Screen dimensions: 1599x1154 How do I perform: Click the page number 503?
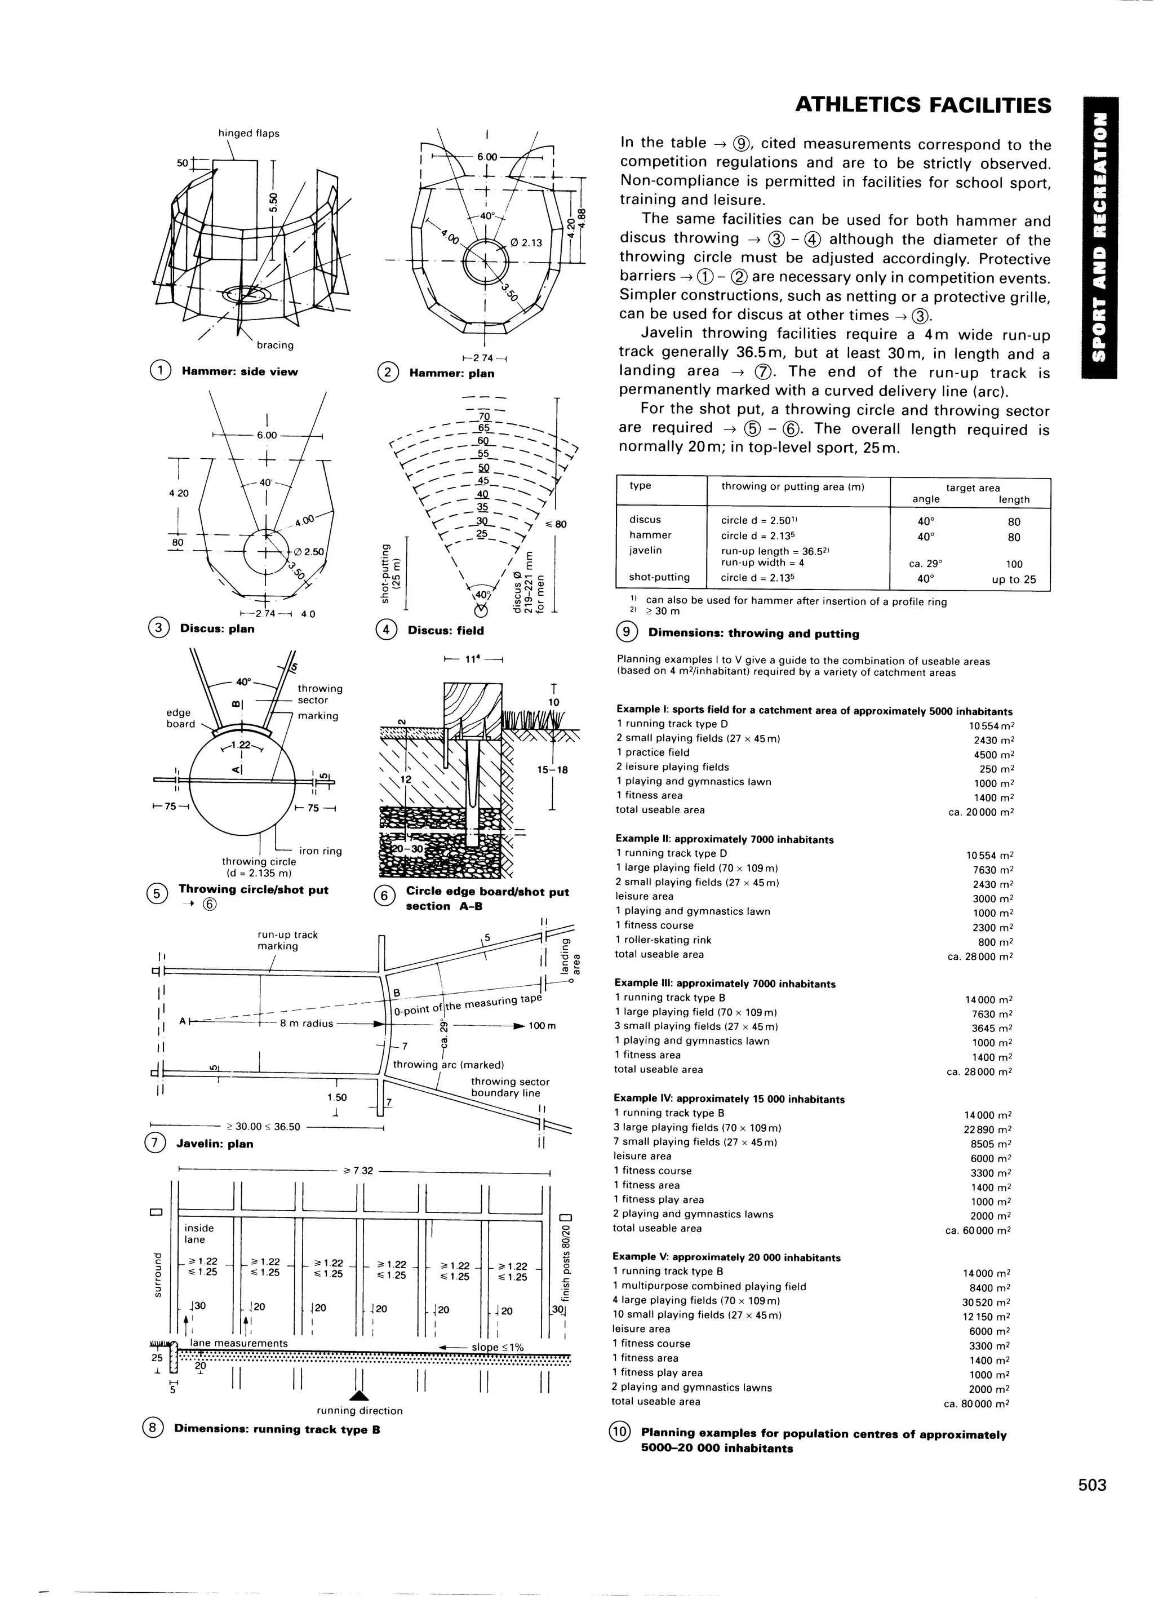(x=1092, y=1485)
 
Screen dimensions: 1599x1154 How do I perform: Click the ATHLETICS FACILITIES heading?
(x=923, y=105)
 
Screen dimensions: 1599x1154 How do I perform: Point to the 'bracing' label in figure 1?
(x=275, y=345)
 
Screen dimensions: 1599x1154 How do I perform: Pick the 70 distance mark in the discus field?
(x=483, y=417)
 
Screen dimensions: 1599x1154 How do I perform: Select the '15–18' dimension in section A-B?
(x=552, y=770)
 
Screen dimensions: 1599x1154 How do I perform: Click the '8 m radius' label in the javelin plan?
(x=307, y=1023)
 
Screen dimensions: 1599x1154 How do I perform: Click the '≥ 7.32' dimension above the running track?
(x=358, y=1170)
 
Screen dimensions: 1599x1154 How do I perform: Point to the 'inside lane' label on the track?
(x=198, y=1233)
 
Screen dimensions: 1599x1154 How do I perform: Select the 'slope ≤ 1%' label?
(x=498, y=1346)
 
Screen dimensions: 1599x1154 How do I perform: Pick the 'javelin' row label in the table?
(x=646, y=550)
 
